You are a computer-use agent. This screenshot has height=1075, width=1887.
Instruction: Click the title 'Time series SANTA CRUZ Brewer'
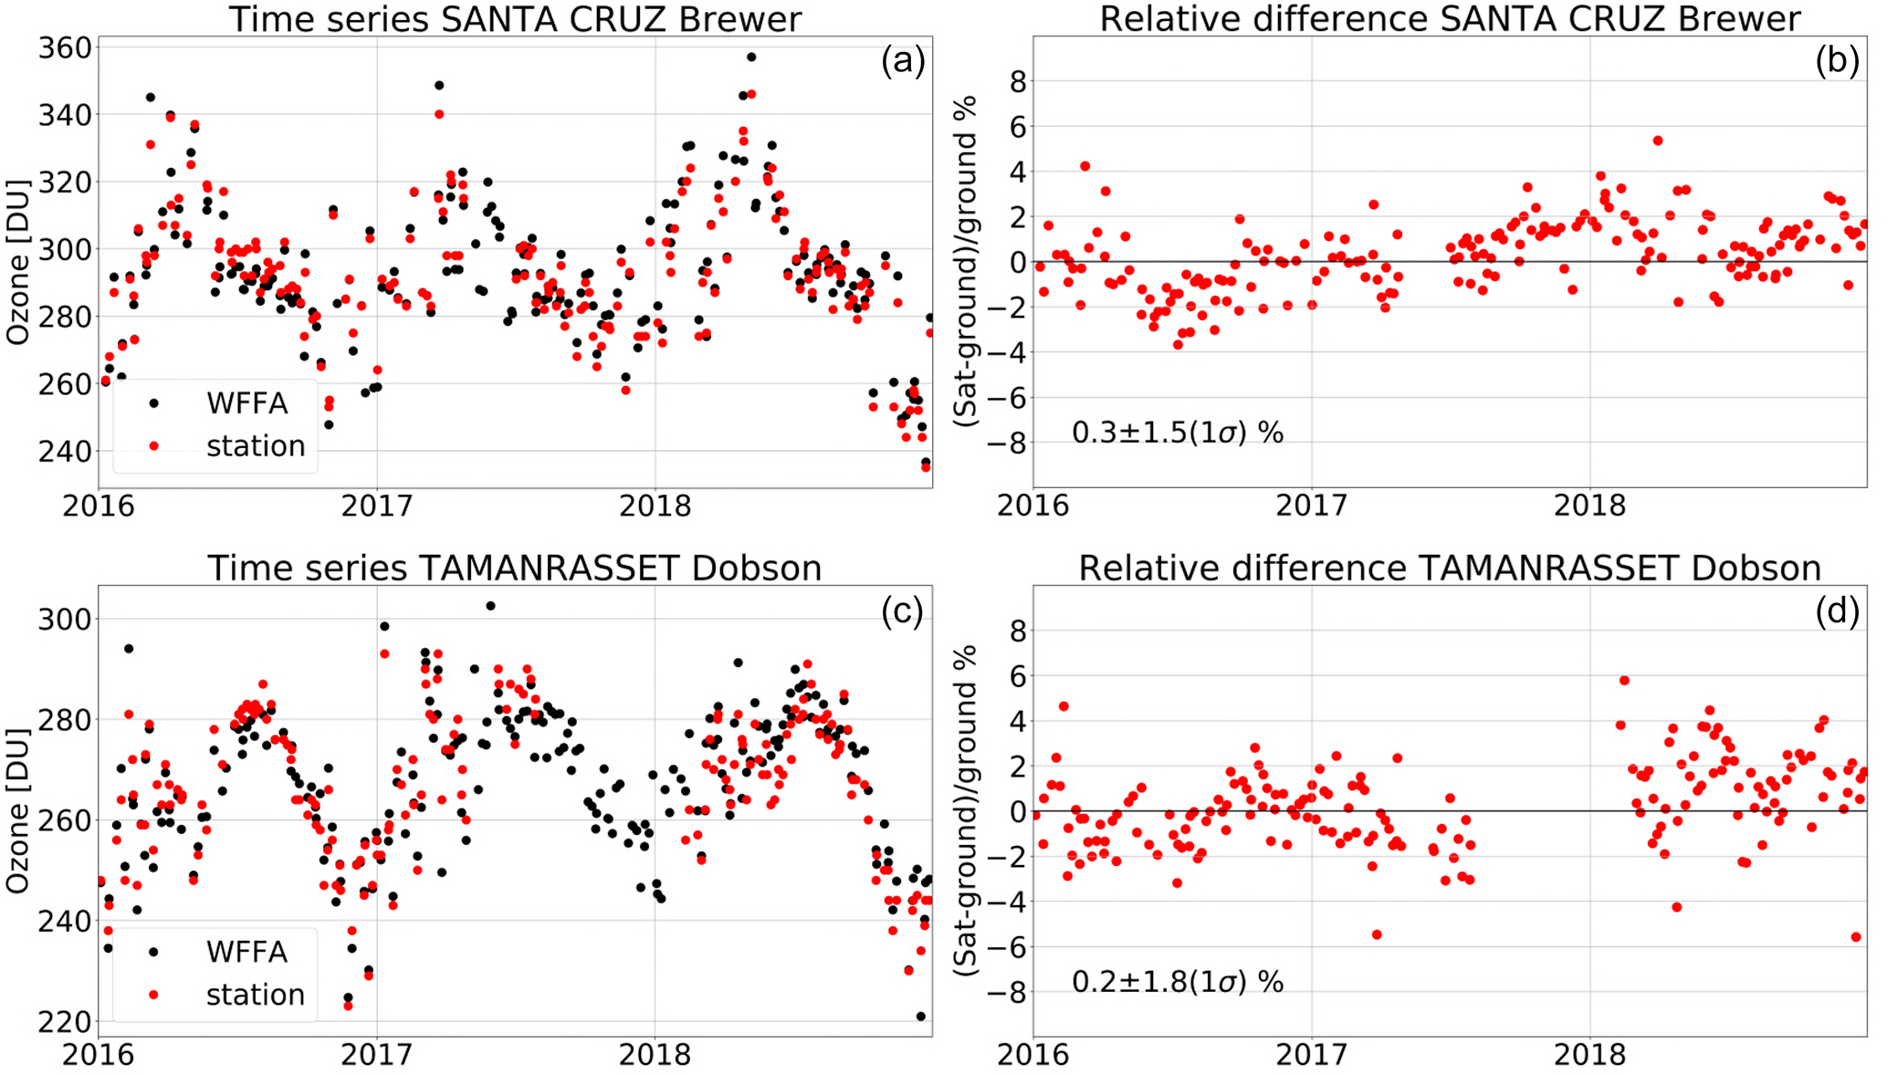[x=515, y=19]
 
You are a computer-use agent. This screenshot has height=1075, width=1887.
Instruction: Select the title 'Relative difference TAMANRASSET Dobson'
[x=1449, y=568]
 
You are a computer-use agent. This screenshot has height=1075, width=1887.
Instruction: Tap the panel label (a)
[x=903, y=61]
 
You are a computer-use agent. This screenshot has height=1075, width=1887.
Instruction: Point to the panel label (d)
[x=1837, y=611]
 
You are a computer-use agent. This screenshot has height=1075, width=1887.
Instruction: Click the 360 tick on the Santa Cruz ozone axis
[x=65, y=47]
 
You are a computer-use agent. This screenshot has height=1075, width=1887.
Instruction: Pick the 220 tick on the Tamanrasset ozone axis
[x=65, y=1021]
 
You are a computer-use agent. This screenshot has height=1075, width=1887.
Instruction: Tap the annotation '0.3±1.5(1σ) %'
[x=1177, y=433]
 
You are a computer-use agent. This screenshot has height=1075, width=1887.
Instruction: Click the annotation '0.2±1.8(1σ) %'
[x=1177, y=982]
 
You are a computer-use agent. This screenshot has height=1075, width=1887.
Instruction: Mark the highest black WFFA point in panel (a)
[x=751, y=57]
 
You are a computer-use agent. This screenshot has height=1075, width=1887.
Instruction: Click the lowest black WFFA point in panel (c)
[x=920, y=1016]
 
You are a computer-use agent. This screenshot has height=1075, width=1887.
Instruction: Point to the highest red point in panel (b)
[x=1658, y=141]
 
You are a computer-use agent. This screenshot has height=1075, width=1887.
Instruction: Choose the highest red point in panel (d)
[x=1624, y=680]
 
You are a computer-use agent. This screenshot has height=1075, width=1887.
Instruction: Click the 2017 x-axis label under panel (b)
[x=1311, y=506]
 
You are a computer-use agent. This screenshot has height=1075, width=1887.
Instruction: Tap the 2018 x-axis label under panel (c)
[x=655, y=1055]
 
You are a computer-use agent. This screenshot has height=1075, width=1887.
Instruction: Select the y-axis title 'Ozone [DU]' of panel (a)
[x=18, y=262]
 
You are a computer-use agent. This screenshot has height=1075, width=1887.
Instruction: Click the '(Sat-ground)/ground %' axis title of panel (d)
[x=966, y=810]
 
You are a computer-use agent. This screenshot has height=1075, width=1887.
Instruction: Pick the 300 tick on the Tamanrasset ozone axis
[x=65, y=619]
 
